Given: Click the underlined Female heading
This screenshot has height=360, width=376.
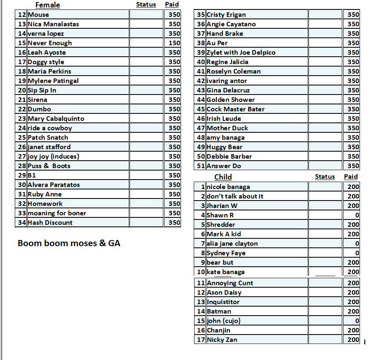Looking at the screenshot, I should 47,5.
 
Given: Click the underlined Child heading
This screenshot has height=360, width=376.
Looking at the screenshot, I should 223,177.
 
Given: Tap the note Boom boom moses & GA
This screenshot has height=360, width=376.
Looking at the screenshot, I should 69,243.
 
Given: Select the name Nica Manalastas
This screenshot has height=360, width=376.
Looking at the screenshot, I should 53,24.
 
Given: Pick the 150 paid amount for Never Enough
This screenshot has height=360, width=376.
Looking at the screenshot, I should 174,43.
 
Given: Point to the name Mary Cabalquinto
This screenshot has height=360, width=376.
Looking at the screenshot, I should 56,119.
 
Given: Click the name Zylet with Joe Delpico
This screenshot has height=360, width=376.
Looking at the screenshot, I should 241,53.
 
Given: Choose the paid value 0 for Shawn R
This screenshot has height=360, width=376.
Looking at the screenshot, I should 357,215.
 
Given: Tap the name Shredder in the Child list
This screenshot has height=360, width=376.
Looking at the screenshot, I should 221,225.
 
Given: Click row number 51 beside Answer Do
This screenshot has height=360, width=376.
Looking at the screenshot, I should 201,166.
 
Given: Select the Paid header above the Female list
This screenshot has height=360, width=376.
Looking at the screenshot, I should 172,5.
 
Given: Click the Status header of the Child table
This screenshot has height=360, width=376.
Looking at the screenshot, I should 325,177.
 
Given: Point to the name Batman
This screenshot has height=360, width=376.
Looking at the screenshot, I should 219,312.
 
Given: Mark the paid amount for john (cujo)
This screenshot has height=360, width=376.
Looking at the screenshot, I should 357,321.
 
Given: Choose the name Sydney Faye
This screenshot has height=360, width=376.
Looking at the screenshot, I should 226,253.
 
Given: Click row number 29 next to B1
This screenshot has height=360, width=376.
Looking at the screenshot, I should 22,175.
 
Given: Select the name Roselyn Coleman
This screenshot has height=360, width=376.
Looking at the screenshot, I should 234,72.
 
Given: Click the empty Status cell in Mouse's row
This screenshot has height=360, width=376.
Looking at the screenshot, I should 146,15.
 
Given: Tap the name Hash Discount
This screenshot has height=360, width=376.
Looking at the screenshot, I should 50,223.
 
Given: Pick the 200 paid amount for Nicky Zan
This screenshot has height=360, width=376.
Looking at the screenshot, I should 353,340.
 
